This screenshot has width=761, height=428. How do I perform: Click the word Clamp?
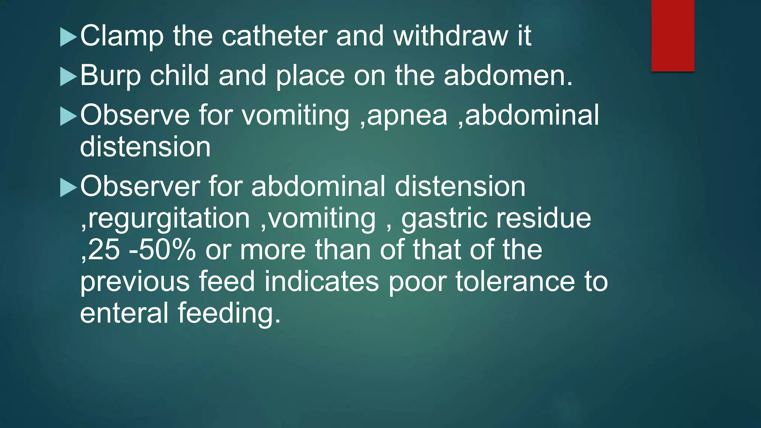(x=122, y=36)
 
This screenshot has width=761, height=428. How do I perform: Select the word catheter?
(x=275, y=36)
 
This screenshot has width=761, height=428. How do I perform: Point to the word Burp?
(x=110, y=76)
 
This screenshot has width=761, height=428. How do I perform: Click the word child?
(x=179, y=75)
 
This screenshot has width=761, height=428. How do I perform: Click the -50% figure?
(x=162, y=250)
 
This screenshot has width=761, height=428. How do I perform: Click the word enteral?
(x=124, y=313)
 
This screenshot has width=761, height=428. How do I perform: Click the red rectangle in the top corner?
(x=673, y=35)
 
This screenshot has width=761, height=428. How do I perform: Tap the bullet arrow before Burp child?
(x=68, y=77)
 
